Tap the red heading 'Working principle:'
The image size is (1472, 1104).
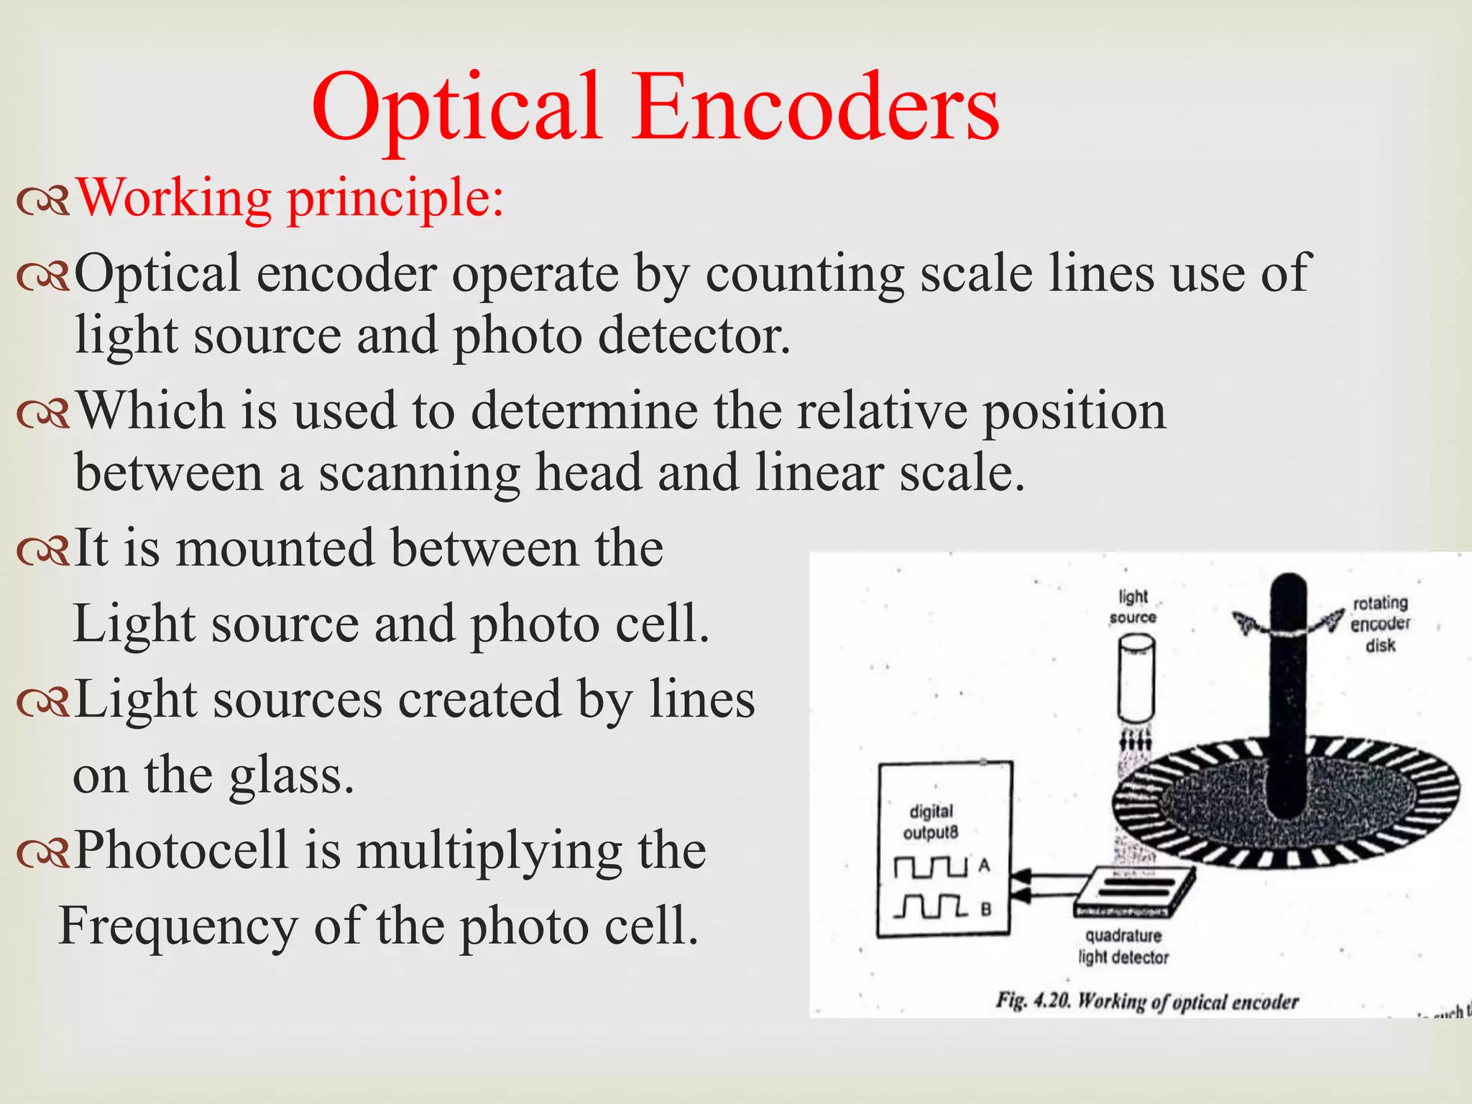tap(290, 198)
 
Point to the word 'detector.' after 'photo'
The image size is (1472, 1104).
tap(694, 336)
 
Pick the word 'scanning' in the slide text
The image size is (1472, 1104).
tap(419, 474)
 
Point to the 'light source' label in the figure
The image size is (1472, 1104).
tap(1133, 607)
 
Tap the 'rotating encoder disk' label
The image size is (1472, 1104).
tap(1380, 624)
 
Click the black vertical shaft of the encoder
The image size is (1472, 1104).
tap(1291, 690)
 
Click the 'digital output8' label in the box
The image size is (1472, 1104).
tap(931, 822)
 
